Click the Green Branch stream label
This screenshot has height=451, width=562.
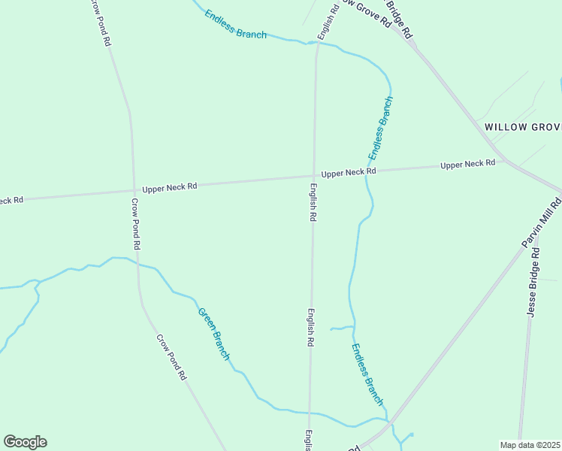[213, 333]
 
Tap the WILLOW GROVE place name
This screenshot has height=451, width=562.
[523, 127]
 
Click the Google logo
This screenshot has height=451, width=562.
[25, 442]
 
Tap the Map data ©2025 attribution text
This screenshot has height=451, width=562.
[530, 445]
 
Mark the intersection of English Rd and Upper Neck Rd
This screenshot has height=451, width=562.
[313, 177]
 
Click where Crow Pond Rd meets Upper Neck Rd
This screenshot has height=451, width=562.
[134, 188]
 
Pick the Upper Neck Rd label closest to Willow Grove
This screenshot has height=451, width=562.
[467, 164]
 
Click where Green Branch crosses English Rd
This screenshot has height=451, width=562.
[310, 413]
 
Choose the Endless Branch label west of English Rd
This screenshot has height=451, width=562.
[235, 24]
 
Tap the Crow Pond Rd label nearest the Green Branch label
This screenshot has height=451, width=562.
[171, 357]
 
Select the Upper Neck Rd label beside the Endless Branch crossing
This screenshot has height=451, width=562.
[349, 173]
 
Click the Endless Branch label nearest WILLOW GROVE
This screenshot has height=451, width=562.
[380, 128]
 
